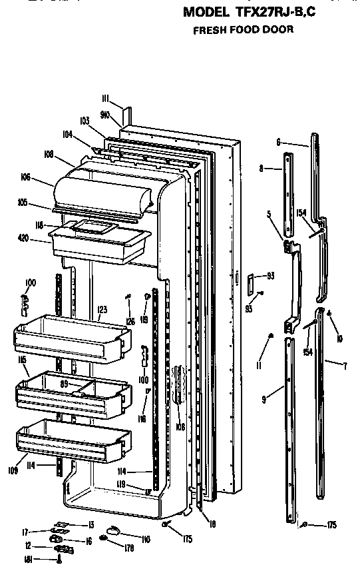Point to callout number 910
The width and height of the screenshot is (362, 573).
click(104, 114)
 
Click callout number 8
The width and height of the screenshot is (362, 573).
click(261, 169)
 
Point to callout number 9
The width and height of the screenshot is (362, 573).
click(264, 399)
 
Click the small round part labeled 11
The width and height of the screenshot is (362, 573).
click(271, 336)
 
